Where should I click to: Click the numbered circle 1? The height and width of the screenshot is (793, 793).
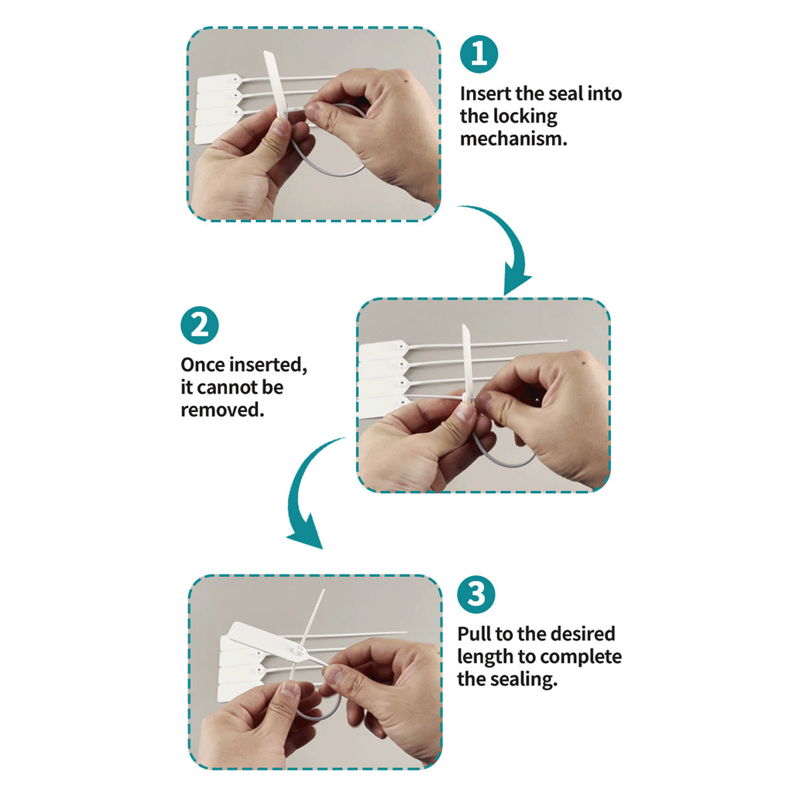click(x=479, y=54)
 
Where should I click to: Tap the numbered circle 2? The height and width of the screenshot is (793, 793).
click(x=199, y=325)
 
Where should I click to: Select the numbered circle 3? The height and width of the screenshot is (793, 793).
click(x=476, y=594)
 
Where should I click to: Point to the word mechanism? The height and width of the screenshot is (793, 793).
click(x=513, y=139)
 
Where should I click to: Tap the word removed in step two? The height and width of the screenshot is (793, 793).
click(x=222, y=410)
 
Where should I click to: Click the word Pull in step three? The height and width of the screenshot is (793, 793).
click(x=474, y=633)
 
